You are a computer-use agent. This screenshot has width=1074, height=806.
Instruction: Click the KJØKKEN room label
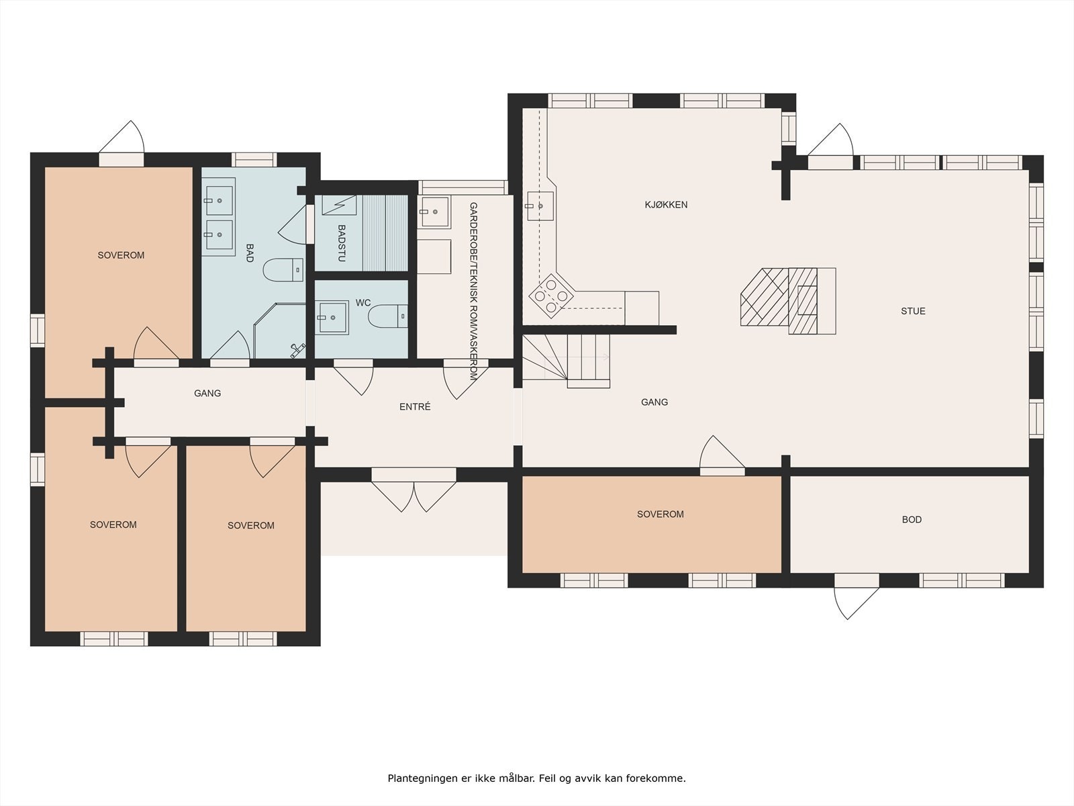pyautogui.click(x=666, y=205)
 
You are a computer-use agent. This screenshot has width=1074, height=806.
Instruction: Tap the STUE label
pyautogui.click(x=913, y=311)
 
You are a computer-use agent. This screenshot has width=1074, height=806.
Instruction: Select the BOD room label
pyautogui.click(x=912, y=519)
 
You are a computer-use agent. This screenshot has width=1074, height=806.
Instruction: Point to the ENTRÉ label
pyautogui.click(x=415, y=406)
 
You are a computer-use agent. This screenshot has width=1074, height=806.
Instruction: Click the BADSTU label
pyautogui.click(x=342, y=243)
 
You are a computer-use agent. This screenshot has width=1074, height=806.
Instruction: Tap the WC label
pyautogui.click(x=363, y=303)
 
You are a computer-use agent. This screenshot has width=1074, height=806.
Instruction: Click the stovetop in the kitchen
pyautogui.click(x=552, y=296)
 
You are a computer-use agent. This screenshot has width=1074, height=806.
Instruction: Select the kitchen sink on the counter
pyautogui.click(x=540, y=206)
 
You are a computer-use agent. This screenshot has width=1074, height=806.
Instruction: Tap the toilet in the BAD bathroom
pyautogui.click(x=283, y=269)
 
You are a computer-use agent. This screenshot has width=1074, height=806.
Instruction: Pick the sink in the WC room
pyautogui.click(x=332, y=317)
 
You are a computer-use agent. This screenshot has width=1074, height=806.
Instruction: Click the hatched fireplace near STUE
pyautogui.click(x=788, y=300)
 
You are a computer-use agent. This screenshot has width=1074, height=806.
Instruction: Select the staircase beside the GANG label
pyautogui.click(x=566, y=361)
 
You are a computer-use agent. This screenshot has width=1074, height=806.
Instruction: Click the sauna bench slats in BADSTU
pyautogui.click(x=385, y=232)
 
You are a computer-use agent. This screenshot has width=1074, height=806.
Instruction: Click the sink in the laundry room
pyautogui.click(x=434, y=212)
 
